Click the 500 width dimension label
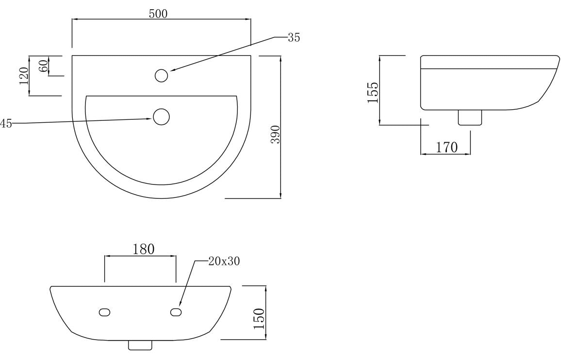[158, 14]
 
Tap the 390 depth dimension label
[276, 134]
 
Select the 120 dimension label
[24, 76]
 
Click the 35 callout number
[294, 37]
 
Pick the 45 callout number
[6, 124]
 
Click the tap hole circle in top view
[161, 76]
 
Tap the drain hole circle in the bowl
[161, 116]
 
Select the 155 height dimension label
[373, 93]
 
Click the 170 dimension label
[446, 147]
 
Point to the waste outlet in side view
[470, 117]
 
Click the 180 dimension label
[144, 249]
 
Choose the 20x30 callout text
[224, 262]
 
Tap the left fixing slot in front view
[104, 312]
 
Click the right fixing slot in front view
[176, 312]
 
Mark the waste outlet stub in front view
[140, 345]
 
